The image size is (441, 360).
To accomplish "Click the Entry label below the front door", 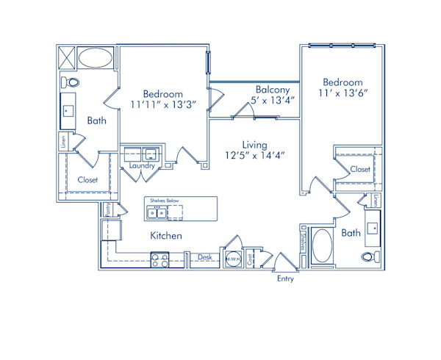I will (x=285, y=279).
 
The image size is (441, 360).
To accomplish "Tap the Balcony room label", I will (x=271, y=89).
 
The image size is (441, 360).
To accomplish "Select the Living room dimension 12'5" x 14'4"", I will (x=255, y=155).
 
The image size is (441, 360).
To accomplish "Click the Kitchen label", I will (x=166, y=236).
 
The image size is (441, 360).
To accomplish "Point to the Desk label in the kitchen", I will (x=205, y=258).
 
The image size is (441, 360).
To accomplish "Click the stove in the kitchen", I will (x=160, y=259).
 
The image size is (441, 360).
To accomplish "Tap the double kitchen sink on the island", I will (x=156, y=213).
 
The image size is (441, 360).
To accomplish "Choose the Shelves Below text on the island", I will (x=164, y=201).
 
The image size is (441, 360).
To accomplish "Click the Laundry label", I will (x=142, y=166).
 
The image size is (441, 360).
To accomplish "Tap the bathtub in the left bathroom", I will (x=96, y=57).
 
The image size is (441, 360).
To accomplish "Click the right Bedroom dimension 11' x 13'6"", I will (x=343, y=93).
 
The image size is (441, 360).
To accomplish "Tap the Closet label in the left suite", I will (x=88, y=179).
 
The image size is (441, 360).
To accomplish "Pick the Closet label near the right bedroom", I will (x=360, y=169).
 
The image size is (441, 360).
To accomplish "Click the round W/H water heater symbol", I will (x=233, y=259).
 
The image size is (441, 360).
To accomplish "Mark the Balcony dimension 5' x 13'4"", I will (x=273, y=100).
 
